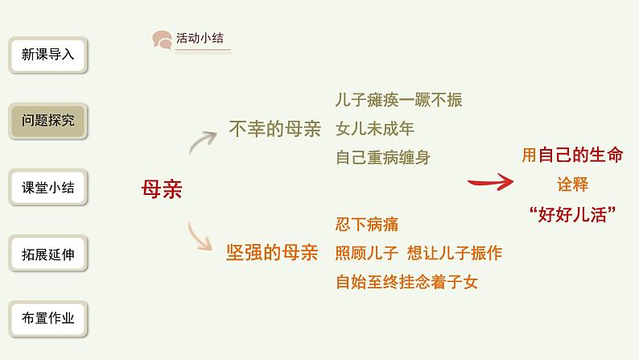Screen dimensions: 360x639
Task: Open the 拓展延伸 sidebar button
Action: click(47, 254)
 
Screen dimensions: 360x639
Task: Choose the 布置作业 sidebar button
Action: click(47, 318)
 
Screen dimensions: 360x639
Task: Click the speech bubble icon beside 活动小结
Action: click(163, 39)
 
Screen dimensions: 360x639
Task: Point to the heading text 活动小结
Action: click(200, 39)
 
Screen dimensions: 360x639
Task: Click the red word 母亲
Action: click(161, 189)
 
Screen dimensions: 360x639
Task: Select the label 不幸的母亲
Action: click(274, 128)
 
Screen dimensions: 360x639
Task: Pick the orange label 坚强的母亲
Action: click(273, 252)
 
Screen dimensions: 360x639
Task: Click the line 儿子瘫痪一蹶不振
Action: click(399, 101)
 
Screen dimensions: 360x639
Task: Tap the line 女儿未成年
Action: click(375, 129)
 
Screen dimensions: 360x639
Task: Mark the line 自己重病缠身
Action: click(383, 157)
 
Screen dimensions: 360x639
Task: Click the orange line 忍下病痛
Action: click(367, 224)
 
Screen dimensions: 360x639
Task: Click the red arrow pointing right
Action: click(491, 182)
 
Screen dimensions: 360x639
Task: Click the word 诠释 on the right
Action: click(572, 184)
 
